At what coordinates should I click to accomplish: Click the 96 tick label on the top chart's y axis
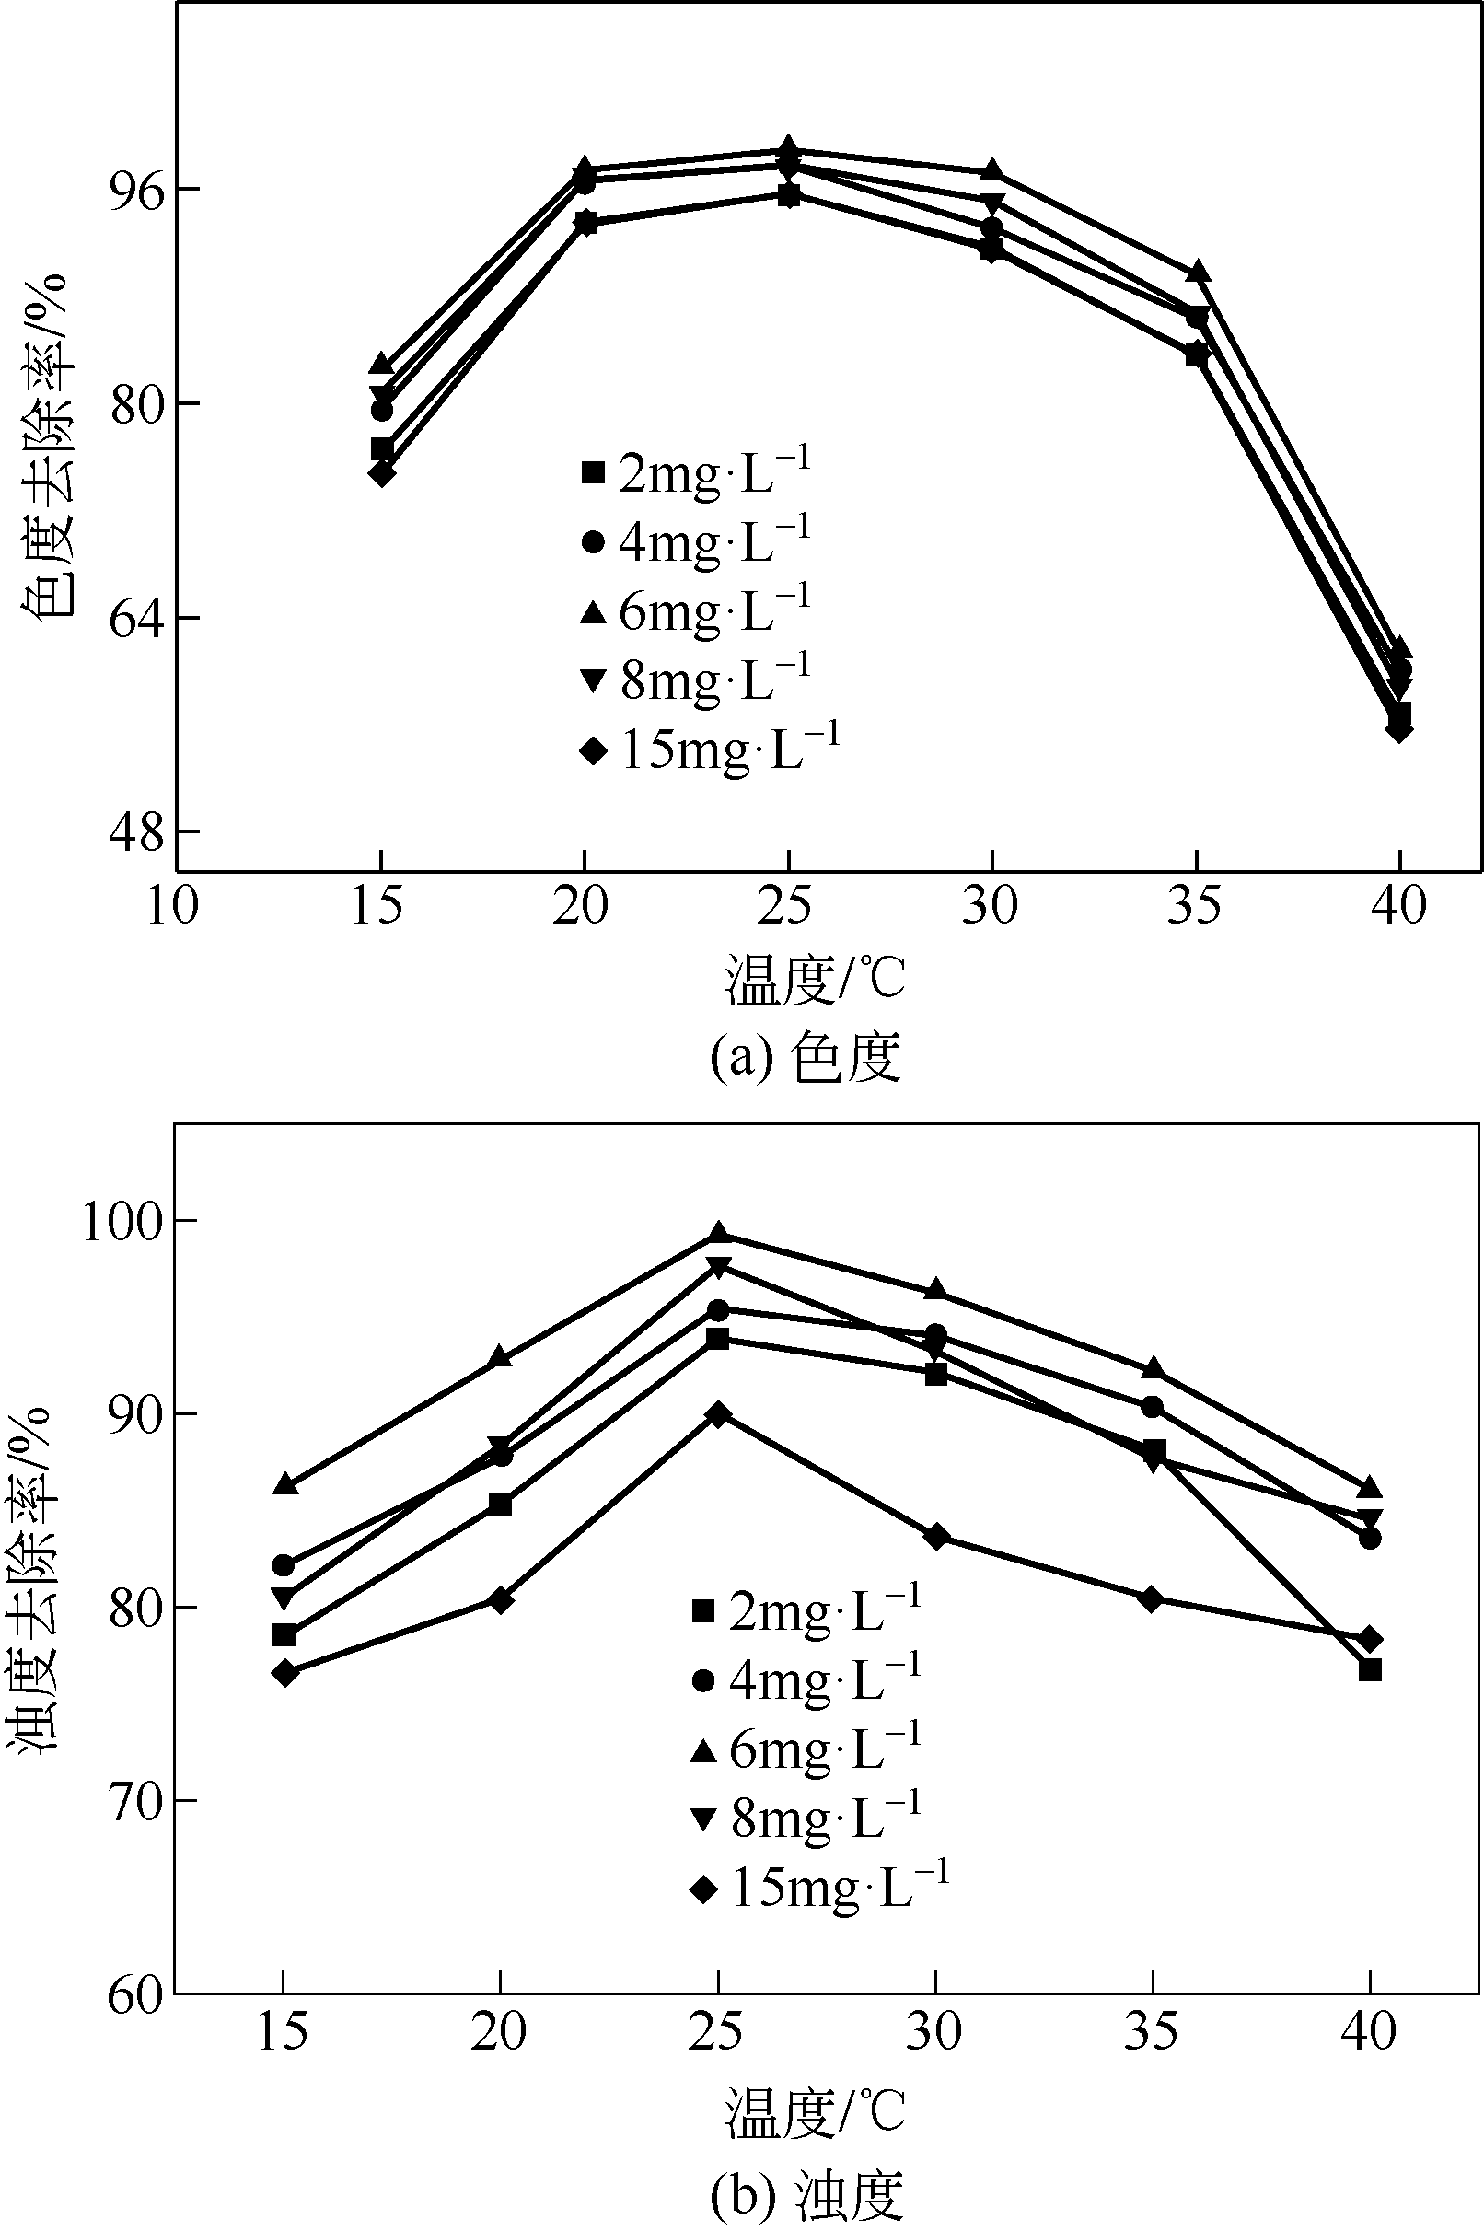pyautogui.click(x=138, y=191)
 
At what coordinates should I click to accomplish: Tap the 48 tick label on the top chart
pyautogui.click(x=138, y=832)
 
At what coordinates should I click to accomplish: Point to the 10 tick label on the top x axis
pyautogui.click(x=172, y=906)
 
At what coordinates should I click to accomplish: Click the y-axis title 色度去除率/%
pyautogui.click(x=44, y=447)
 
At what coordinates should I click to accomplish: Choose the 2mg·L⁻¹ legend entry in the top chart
pyautogui.click(x=696, y=472)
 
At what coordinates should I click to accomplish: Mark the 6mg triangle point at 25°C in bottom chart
pyautogui.click(x=718, y=1232)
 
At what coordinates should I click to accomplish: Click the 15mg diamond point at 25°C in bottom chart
pyautogui.click(x=718, y=1415)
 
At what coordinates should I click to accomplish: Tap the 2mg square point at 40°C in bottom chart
pyautogui.click(x=1370, y=1669)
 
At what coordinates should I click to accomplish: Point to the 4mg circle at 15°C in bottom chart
pyautogui.click(x=283, y=1565)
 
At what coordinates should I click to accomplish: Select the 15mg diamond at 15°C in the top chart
pyautogui.click(x=381, y=472)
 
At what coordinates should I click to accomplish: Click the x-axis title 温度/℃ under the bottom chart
pyautogui.click(x=815, y=2114)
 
